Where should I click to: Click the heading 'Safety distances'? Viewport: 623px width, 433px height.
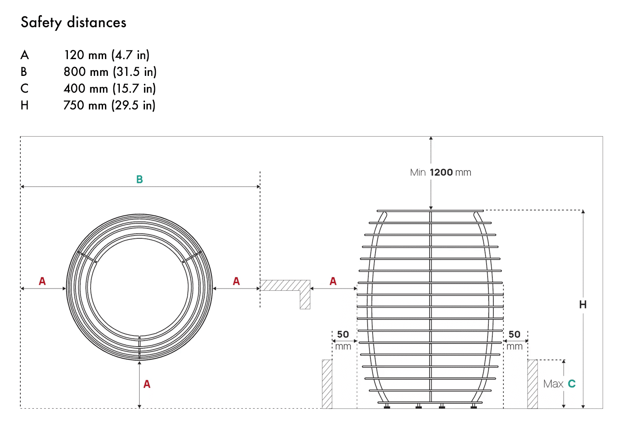73,22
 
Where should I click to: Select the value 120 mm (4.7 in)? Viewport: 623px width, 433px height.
107,55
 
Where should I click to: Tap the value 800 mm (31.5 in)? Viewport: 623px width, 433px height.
110,72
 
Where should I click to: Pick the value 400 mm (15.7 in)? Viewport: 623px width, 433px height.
109,89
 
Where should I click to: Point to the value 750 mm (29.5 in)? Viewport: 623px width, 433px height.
109,105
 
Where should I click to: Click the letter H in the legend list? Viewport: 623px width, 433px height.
24,105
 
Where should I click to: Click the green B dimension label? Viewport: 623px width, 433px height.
139,179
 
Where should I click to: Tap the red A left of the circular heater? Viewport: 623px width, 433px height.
42,281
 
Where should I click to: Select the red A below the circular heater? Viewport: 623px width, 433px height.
147,384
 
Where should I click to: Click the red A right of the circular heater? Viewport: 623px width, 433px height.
236,281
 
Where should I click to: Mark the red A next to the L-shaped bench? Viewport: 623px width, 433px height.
333,281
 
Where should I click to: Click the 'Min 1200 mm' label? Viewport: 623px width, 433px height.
440,173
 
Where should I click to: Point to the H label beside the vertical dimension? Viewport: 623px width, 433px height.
583,305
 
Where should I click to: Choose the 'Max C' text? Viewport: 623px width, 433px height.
559,384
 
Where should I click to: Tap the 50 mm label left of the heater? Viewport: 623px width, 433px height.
343,340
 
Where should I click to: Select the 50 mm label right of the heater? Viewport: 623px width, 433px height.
514,340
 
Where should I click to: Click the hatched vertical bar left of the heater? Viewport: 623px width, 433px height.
327,384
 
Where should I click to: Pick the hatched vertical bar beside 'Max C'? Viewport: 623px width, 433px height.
532,384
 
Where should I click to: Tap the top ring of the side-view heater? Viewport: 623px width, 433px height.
430,211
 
